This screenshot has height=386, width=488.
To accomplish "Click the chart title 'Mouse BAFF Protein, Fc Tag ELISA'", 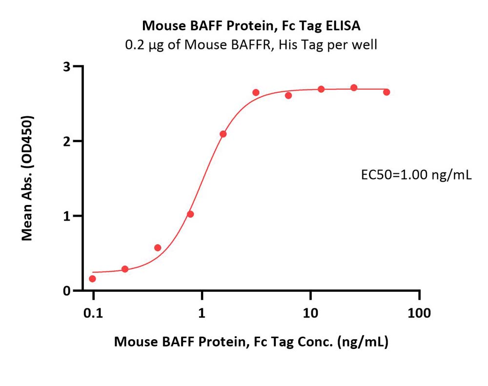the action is (x=251, y=25).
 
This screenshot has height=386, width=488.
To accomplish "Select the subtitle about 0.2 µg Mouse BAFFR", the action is (x=251, y=45).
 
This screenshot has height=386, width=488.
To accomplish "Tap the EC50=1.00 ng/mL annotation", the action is (x=416, y=175).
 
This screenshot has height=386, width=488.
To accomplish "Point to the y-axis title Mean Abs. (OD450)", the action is (x=27, y=178).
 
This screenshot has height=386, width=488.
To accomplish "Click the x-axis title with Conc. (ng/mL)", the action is (x=251, y=342).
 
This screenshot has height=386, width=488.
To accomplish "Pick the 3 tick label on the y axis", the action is (x=66, y=67).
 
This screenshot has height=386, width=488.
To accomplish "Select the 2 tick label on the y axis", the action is (x=66, y=142).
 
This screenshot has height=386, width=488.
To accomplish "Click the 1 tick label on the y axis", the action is (x=66, y=216).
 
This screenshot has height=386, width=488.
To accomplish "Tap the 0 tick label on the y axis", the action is (x=66, y=291).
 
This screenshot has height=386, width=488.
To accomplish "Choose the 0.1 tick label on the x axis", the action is (x=93, y=313).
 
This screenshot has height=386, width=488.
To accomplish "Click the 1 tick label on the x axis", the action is (x=202, y=313).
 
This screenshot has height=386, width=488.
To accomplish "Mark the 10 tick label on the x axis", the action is (x=310, y=313).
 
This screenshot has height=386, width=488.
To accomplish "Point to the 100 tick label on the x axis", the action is (x=419, y=313).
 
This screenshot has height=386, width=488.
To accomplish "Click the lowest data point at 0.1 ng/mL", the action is (x=92, y=279).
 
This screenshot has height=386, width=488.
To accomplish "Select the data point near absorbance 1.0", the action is (x=190, y=214).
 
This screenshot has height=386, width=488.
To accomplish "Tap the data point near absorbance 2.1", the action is (x=223, y=134).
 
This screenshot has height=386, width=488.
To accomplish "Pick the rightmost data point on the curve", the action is (x=386, y=92).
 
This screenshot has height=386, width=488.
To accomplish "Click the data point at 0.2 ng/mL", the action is (x=125, y=269).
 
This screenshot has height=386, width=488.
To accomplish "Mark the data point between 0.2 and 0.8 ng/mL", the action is (x=158, y=248).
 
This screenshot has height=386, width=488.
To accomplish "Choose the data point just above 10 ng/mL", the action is (x=321, y=89).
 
